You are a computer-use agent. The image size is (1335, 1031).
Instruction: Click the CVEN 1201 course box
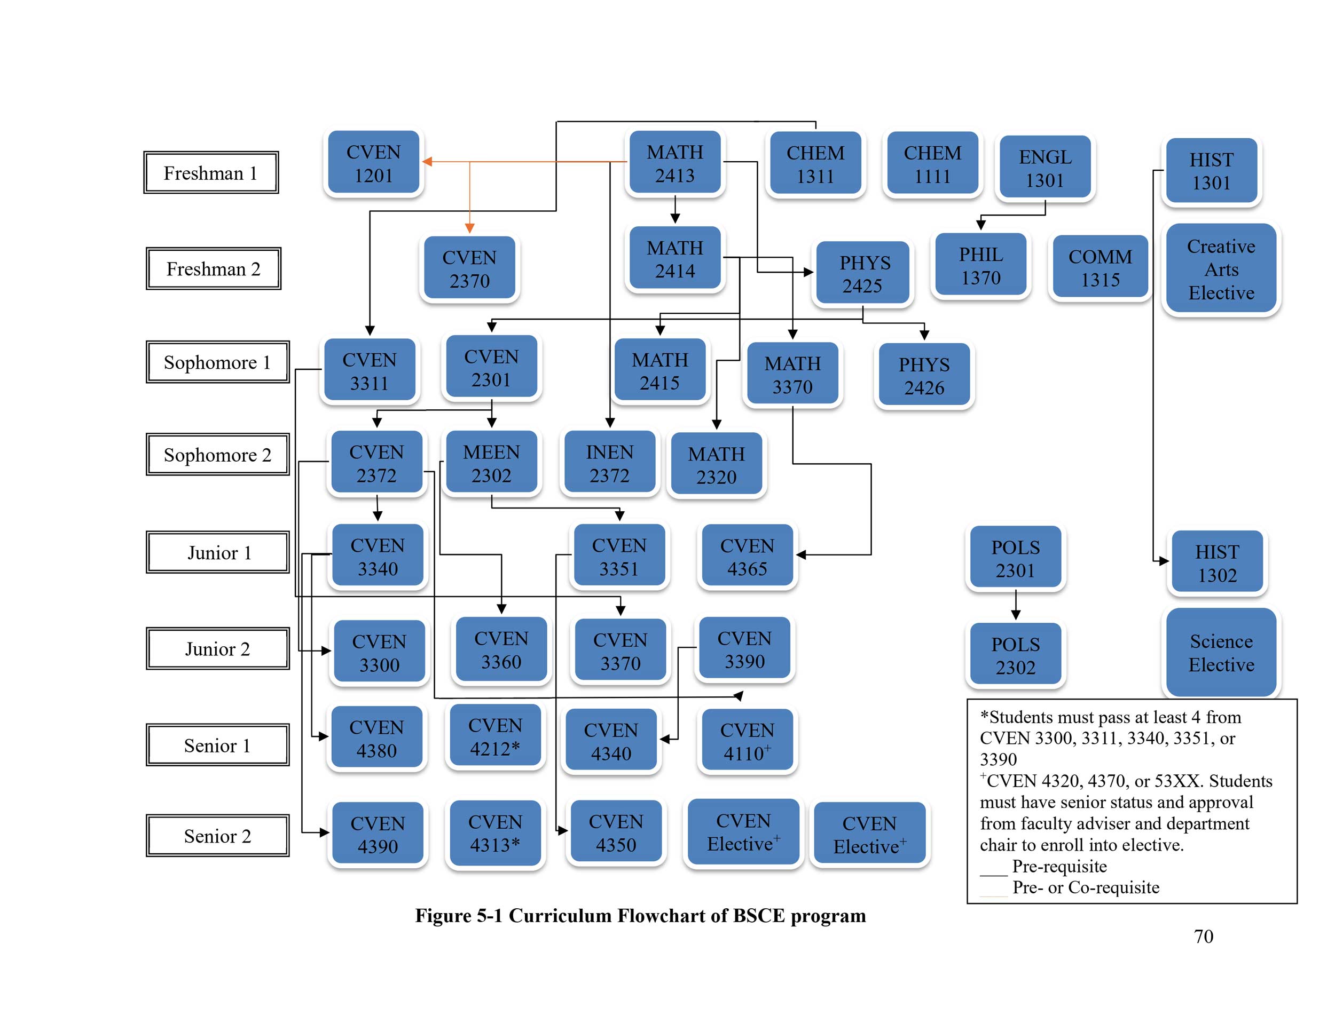pyautogui.click(x=373, y=163)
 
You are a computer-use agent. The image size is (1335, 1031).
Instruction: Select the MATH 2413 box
pyautogui.click(x=675, y=163)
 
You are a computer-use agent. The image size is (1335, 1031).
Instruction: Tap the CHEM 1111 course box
pyautogui.click(x=932, y=164)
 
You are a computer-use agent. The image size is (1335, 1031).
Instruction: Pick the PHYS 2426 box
pyautogui.click(x=924, y=376)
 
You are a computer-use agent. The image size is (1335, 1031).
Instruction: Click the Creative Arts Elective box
pyautogui.click(x=1221, y=269)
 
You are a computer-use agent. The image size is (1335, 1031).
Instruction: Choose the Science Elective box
pyautogui.click(x=1221, y=652)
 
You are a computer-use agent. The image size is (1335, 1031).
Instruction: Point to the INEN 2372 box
pyautogui.click(x=609, y=463)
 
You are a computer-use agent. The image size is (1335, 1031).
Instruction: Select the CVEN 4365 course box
pyautogui.click(x=747, y=557)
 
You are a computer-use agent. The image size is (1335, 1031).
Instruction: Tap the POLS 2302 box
pyautogui.click(x=1015, y=655)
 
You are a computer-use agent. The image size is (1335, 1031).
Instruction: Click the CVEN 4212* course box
pyautogui.click(x=495, y=736)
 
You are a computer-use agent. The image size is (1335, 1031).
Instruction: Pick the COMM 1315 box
pyautogui.click(x=1100, y=267)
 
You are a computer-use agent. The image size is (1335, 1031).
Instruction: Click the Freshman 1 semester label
pyautogui.click(x=211, y=173)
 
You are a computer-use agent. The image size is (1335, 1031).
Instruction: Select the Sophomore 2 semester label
pyautogui.click(x=217, y=455)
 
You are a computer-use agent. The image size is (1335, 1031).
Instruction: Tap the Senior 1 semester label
pyautogui.click(x=217, y=745)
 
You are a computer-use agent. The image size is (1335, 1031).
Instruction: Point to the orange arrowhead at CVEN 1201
pyautogui.click(x=427, y=162)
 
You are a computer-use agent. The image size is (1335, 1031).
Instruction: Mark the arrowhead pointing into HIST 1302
pyautogui.click(x=1164, y=561)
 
